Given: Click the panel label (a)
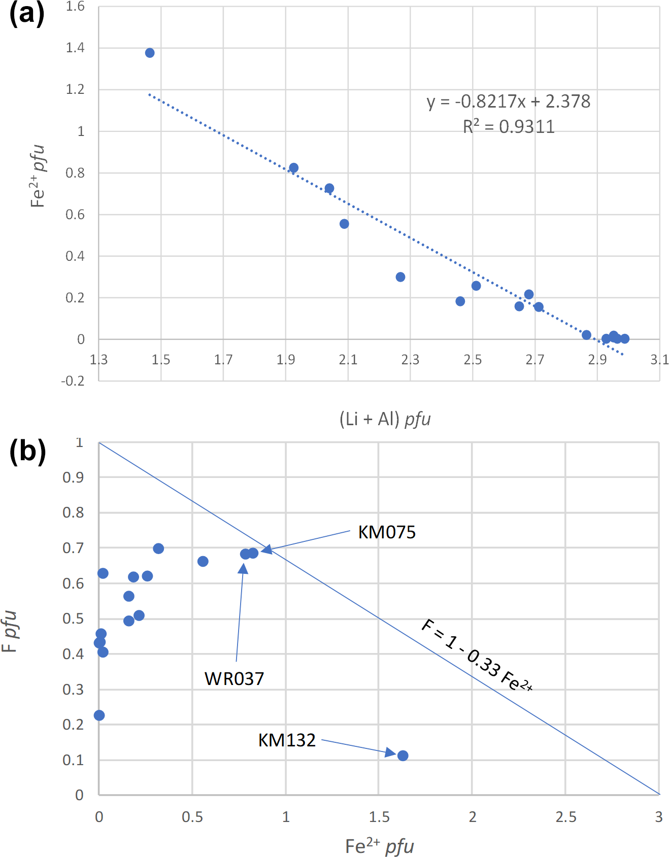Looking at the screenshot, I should (x=27, y=14).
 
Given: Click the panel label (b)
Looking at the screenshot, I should (x=27, y=451).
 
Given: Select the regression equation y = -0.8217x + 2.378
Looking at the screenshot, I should (x=508, y=101).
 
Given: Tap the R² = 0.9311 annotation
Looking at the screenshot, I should (x=508, y=126).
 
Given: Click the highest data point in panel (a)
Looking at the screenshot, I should (x=150, y=53).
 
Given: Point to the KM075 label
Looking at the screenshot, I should (x=387, y=532).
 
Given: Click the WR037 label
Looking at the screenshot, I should (x=234, y=679).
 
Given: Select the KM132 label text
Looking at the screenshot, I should (x=287, y=740).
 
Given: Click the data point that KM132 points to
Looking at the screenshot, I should (x=403, y=756).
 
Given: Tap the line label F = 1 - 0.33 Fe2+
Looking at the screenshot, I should (x=477, y=656).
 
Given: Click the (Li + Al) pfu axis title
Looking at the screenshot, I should (x=385, y=419).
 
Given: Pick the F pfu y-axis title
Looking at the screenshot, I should (x=10, y=632).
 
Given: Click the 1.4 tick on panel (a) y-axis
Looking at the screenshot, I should (x=75, y=48).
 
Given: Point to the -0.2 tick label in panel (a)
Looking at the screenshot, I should (x=73, y=381).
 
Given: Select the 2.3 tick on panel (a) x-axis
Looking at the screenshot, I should (x=410, y=360).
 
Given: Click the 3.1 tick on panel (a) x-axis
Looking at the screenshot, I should (x=659, y=360).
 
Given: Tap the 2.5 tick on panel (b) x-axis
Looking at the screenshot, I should (x=565, y=817).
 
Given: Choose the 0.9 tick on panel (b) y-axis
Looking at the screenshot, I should (x=73, y=477).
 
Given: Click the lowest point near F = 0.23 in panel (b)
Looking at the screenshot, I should (x=99, y=715).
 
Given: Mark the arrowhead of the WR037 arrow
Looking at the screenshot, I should (x=244, y=568).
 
